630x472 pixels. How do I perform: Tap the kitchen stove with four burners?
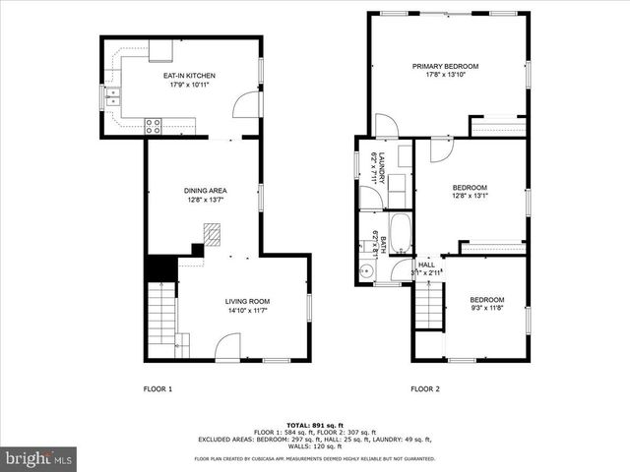154,125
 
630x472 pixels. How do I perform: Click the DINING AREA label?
206,191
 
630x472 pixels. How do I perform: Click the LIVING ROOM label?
247,302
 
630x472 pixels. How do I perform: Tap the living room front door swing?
227,346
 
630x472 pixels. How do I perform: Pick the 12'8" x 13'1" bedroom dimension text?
472,195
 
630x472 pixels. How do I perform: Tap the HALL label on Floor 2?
426,265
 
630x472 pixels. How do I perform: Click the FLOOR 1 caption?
157,389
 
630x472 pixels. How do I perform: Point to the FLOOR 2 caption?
425,389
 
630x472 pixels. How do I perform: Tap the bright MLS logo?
39,458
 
